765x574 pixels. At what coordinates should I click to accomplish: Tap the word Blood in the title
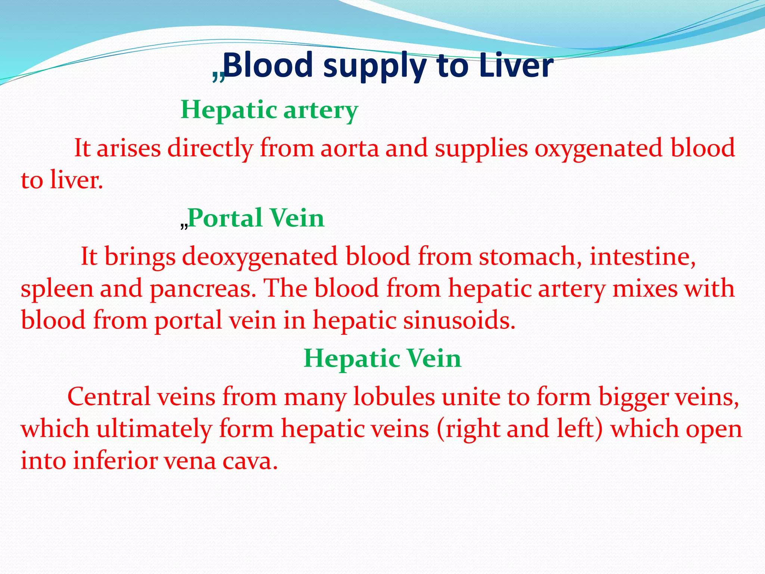point(268,66)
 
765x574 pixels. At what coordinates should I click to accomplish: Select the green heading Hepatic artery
point(269,110)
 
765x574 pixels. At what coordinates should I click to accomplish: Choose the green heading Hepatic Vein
point(382,358)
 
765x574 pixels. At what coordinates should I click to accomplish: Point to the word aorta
point(350,148)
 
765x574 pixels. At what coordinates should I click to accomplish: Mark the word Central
point(109,397)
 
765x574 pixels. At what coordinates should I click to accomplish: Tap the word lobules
point(394,397)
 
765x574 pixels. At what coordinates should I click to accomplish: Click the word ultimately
point(154,429)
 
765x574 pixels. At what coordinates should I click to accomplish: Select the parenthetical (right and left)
point(520,429)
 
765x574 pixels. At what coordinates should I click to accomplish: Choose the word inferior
point(115,460)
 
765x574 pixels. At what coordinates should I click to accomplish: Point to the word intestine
point(642,257)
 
